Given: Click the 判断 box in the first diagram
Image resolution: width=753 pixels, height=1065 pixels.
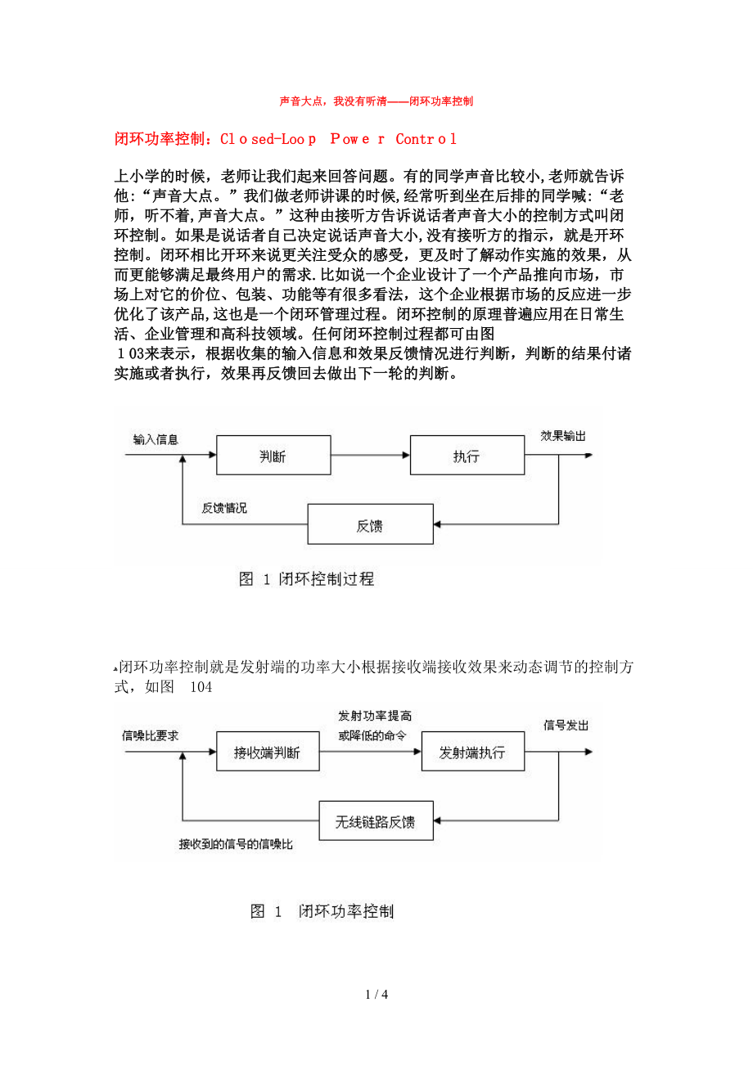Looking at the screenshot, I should click(x=273, y=456).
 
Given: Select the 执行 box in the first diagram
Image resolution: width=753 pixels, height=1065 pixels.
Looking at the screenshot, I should click(x=467, y=456).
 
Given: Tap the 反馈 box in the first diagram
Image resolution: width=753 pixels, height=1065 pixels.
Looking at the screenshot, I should click(x=370, y=525).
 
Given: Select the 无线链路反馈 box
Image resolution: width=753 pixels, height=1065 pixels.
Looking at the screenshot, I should click(x=376, y=820).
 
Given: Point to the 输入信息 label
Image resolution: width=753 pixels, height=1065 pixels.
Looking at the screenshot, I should click(x=156, y=439).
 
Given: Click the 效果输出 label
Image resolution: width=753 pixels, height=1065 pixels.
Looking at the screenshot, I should click(x=563, y=436).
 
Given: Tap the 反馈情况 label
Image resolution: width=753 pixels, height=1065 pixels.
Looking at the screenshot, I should click(x=224, y=508).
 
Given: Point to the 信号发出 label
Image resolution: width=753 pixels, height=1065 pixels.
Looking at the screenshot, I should click(x=566, y=726).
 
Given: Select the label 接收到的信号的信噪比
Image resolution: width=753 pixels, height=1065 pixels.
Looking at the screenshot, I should click(x=236, y=843).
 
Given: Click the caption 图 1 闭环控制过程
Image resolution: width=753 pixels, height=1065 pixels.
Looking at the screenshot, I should click(x=306, y=579).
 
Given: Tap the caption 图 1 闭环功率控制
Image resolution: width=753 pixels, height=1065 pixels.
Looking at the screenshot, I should click(x=322, y=911).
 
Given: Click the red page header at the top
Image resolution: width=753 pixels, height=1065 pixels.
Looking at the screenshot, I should click(x=376, y=101).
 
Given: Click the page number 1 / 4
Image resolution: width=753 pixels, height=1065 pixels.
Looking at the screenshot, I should click(x=376, y=995).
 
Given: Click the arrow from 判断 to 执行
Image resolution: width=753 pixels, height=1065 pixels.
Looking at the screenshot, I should click(x=370, y=456).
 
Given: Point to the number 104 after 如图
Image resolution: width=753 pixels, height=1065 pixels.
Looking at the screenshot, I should click(x=201, y=687).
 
